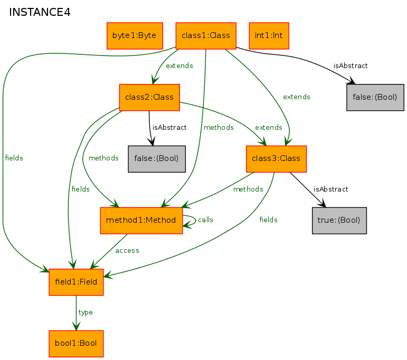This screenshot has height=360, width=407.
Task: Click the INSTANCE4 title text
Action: click(x=40, y=12)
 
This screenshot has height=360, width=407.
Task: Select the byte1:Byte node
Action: click(x=135, y=36)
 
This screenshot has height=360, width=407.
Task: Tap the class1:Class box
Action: click(x=206, y=36)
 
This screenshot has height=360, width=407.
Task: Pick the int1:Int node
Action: click(x=269, y=36)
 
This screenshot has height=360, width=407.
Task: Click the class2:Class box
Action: click(x=149, y=97)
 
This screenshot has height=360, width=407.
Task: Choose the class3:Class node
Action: click(x=276, y=159)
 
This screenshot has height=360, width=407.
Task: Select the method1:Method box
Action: click(x=141, y=220)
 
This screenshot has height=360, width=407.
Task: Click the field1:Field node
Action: click(x=76, y=282)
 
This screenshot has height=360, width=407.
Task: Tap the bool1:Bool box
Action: click(x=76, y=344)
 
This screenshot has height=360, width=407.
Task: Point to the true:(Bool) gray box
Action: click(x=339, y=220)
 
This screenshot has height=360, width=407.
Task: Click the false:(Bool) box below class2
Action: click(x=157, y=159)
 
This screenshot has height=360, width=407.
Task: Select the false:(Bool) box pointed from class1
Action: click(x=375, y=97)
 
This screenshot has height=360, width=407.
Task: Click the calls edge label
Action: click(x=205, y=220)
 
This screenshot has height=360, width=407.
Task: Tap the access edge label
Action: click(x=127, y=250)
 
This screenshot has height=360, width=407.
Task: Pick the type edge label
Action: click(x=86, y=312)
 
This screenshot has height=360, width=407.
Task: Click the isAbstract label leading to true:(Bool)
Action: click(x=330, y=189)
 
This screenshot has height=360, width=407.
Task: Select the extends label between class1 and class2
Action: click(x=179, y=65)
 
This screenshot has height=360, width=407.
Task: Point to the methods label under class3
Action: click(x=248, y=189)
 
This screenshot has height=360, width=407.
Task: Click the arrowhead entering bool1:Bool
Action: click(x=76, y=326)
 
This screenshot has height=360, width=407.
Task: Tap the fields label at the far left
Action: click(x=14, y=158)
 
